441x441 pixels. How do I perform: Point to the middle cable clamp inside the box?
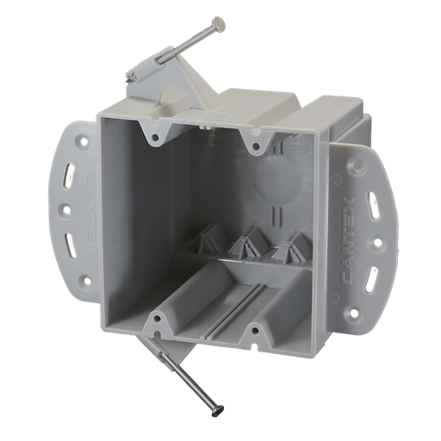pos(248,244)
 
